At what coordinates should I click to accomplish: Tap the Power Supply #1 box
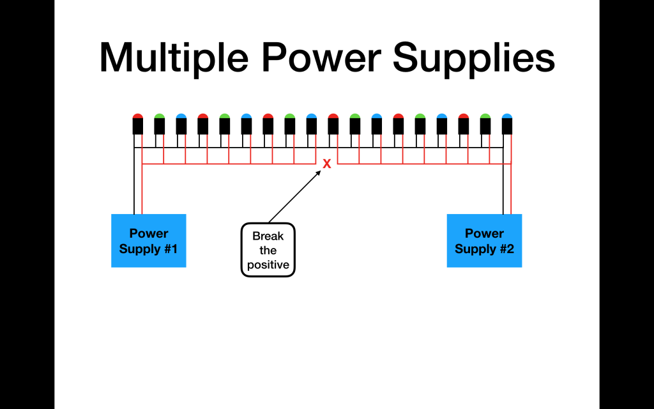(x=148, y=240)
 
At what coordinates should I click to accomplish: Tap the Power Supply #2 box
(x=484, y=240)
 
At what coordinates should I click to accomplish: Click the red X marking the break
(x=327, y=164)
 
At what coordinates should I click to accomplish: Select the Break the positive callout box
(x=268, y=250)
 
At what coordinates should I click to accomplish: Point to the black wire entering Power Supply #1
(x=135, y=192)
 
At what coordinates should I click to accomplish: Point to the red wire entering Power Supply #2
(x=511, y=192)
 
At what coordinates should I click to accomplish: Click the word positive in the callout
(x=268, y=265)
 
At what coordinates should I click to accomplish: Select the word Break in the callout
(x=268, y=236)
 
